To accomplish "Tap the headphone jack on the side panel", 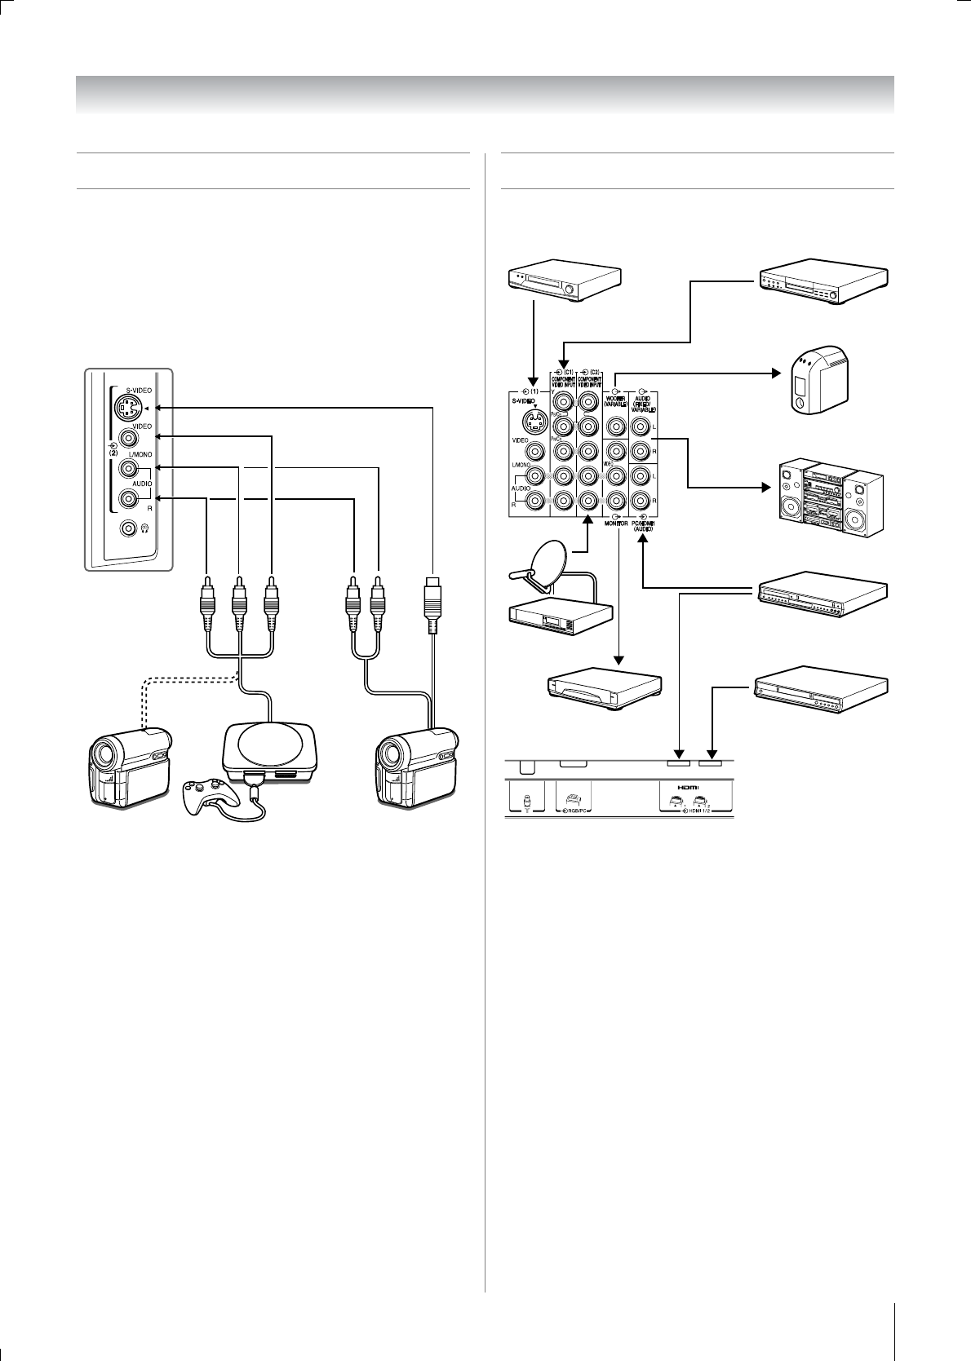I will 128,528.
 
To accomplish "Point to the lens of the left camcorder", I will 107,755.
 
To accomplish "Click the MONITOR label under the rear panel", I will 616,524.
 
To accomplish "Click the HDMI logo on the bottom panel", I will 695,789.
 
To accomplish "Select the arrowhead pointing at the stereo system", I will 767,488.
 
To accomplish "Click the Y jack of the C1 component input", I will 562,400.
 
